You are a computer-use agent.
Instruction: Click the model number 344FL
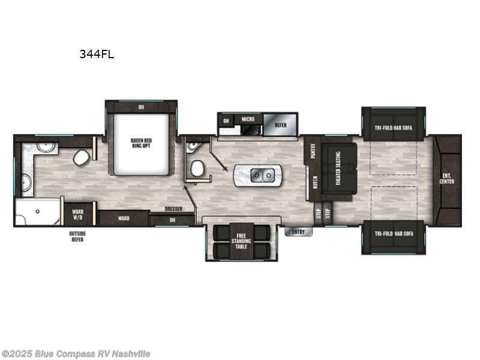click(x=97, y=54)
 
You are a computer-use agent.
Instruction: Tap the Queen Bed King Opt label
click(x=141, y=143)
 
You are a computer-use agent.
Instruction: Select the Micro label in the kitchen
click(x=248, y=119)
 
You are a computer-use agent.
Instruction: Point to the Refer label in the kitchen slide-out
click(x=280, y=125)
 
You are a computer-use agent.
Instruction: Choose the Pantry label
click(x=313, y=151)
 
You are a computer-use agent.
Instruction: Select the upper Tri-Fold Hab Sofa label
click(x=394, y=127)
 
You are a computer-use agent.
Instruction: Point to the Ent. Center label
click(x=447, y=179)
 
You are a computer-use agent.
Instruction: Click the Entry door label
click(x=298, y=232)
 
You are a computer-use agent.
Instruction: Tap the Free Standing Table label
click(x=242, y=239)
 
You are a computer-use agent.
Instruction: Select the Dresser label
click(x=173, y=209)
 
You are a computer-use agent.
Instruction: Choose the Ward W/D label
click(x=78, y=214)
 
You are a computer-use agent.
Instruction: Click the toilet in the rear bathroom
click(x=81, y=159)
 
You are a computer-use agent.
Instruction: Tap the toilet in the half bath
click(x=196, y=169)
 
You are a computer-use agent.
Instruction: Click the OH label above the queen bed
click(x=141, y=107)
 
